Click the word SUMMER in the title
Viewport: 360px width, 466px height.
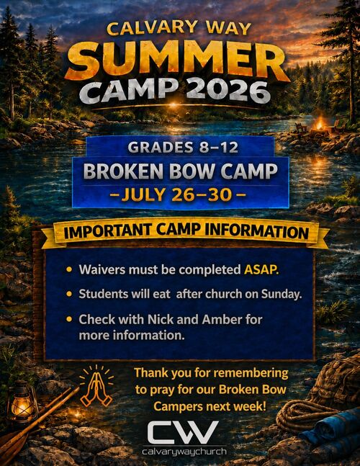tap(178, 61)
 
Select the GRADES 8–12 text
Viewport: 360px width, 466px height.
tap(183, 147)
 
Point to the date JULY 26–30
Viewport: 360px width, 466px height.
tap(176, 194)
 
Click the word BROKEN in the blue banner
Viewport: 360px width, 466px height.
tap(123, 171)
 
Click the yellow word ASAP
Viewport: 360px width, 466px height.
tap(261, 269)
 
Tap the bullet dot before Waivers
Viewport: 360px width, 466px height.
tap(69, 269)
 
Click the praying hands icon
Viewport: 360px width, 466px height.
tap(96, 386)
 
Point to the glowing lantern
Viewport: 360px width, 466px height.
tap(22, 401)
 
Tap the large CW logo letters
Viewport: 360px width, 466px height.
tap(183, 433)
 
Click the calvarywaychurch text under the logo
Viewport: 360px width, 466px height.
tap(184, 452)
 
